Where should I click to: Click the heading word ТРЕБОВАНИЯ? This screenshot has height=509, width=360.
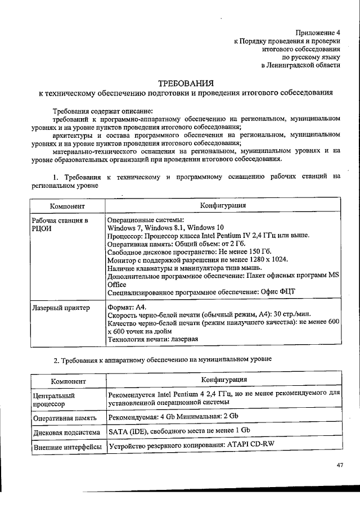pos(186,83)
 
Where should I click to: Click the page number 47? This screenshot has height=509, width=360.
pos(340,465)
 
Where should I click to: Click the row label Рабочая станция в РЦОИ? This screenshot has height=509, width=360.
pos(60,225)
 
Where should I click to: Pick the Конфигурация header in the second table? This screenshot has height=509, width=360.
pos(224,380)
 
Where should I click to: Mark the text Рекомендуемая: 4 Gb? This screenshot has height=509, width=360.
pos(143,417)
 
